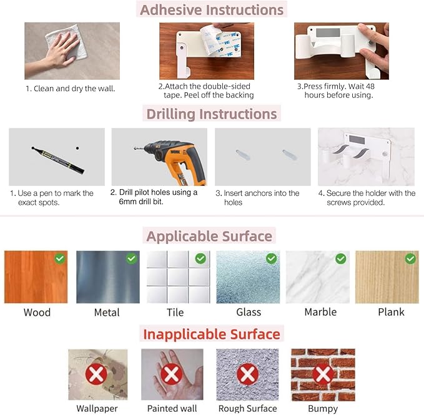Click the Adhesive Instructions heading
pos(212,10)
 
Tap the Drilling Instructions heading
pos(212,114)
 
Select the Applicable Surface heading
pos(209,236)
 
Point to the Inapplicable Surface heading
pos(212,333)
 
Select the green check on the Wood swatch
pos(60,258)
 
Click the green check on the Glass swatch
pos(271,258)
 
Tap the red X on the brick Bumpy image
pos(322,374)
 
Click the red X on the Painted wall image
pos(172,374)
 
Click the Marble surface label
pos(320,312)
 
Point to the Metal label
pos(107,312)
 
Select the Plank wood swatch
pos(387,277)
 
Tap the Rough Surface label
pos(247,409)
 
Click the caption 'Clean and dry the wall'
pos(71,89)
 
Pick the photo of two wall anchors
pos(263,157)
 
